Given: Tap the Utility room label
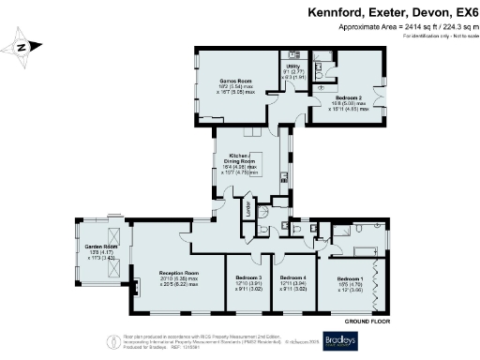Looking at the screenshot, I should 293,67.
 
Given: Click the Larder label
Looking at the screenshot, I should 249,209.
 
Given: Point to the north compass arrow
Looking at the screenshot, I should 25,46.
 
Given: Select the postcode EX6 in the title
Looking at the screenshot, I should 462,13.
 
